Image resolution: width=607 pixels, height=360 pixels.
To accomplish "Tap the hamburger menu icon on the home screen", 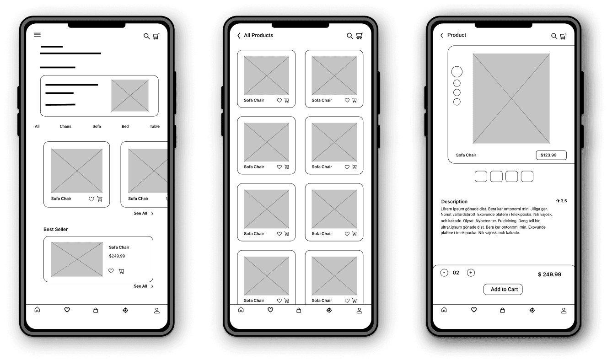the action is [x=37, y=35].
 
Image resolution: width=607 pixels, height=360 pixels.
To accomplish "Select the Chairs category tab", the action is [x=65, y=126].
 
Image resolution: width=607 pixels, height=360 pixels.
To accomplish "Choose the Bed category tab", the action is [x=125, y=126].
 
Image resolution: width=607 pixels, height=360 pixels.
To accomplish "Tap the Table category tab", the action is [x=155, y=126].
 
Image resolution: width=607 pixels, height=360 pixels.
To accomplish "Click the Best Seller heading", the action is [x=55, y=229].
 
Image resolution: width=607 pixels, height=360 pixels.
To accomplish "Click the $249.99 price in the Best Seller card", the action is [x=117, y=256].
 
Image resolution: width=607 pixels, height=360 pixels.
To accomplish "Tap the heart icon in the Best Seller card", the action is [x=111, y=271].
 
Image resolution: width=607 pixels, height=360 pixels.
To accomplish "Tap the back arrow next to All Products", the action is [x=239, y=36].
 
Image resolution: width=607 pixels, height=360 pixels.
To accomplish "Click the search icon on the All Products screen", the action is [x=350, y=36].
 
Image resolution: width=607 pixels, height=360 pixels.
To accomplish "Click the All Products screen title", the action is [x=258, y=35].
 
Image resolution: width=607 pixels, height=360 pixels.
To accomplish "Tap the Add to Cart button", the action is [x=503, y=289].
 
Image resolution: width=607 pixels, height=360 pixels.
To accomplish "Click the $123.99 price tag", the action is [x=551, y=155].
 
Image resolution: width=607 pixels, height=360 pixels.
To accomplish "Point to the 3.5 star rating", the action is [x=561, y=201].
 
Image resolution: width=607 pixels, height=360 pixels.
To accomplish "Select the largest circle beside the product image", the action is [x=457, y=72].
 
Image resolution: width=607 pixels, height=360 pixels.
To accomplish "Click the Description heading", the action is [x=454, y=201].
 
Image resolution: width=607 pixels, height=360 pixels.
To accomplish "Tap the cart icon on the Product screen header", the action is [x=563, y=36].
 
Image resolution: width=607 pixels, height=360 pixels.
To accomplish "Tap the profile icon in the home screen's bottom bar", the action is [x=156, y=311].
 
